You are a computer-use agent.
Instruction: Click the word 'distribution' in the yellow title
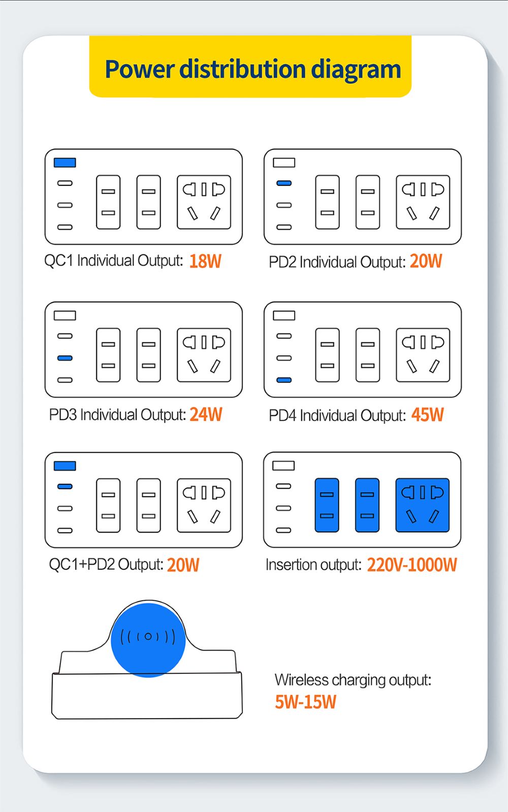point(243,69)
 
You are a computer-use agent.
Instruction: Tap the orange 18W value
point(205,262)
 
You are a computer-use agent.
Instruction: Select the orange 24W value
point(206,414)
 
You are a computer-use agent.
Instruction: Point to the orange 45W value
point(428,415)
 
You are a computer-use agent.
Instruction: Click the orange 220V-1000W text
point(412,565)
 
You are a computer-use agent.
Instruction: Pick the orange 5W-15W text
point(306,702)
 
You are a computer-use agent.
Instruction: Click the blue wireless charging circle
point(148,640)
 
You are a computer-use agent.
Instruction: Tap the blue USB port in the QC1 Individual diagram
point(65,163)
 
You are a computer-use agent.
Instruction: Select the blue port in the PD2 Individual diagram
point(284,183)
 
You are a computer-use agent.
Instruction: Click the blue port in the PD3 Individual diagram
point(65,358)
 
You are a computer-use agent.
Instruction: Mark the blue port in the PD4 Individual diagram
point(284,380)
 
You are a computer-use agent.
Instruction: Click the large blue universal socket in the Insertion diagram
point(423,505)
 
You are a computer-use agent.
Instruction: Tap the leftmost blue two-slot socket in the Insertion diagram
point(327,505)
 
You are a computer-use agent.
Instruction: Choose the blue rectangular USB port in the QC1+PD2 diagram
point(65,466)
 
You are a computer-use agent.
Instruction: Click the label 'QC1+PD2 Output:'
point(106,564)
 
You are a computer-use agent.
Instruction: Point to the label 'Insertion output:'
point(313,565)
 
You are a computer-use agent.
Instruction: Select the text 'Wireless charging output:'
point(353,680)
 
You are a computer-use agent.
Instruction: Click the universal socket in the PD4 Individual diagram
point(423,355)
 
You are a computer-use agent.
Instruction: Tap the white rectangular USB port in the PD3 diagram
point(65,315)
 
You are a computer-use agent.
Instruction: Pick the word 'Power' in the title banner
point(140,69)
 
